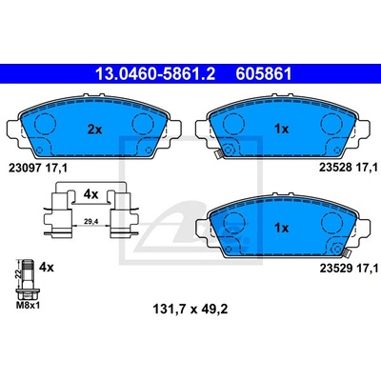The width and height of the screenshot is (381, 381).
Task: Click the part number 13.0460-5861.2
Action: tap(155, 74)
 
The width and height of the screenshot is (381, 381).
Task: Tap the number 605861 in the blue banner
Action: tap(264, 74)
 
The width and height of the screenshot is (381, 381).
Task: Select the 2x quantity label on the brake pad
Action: tap(94, 130)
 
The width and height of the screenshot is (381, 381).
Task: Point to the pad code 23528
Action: tap(336, 168)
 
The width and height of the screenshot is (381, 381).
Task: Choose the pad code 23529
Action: tap(336, 269)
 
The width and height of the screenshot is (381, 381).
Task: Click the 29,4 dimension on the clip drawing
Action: tap(90, 221)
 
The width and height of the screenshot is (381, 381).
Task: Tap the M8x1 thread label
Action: tap(28, 306)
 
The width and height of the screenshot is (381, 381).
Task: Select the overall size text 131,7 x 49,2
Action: tap(190, 309)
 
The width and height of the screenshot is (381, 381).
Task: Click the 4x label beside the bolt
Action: tap(47, 268)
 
